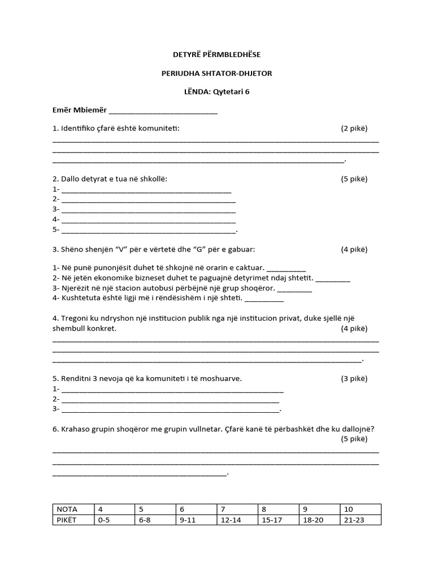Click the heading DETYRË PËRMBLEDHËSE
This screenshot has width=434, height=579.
[216, 54]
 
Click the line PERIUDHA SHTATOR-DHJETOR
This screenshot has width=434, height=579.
[216, 74]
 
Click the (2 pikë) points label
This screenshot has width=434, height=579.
[354, 128]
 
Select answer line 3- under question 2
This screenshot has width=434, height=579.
[148, 210]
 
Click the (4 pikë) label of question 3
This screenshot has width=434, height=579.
[354, 249]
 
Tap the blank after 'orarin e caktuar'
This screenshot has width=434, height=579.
[285, 268]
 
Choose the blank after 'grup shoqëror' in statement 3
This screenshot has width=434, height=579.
[294, 288]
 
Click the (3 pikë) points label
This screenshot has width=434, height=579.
[354, 378]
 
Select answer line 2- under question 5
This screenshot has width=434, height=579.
[170, 399]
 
